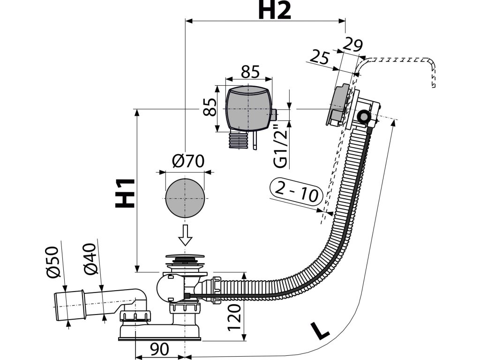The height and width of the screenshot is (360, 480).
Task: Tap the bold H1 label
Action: tap(125, 193)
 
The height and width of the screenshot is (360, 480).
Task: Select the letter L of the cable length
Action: tap(320, 331)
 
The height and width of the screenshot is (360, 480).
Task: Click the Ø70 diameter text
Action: tap(188, 162)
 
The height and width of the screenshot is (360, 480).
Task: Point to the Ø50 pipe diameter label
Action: tap(55, 262)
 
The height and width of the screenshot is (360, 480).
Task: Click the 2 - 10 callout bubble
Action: tap(296, 193)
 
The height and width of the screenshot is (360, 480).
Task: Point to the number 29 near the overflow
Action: tap(353, 45)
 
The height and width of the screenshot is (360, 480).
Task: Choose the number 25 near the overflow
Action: tap(320, 58)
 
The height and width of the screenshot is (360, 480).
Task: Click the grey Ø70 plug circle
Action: tap(186, 198)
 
